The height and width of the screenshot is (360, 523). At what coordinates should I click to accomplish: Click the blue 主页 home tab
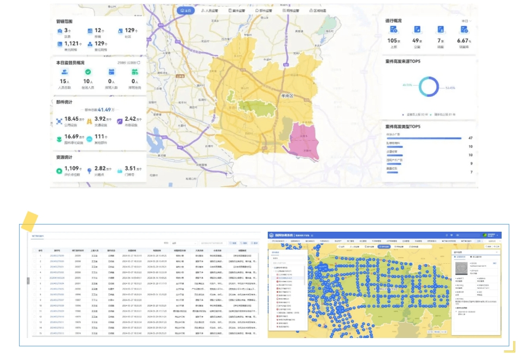pyautogui.click(x=186, y=11)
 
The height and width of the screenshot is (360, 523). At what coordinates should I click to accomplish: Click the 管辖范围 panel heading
pyautogui.click(x=64, y=21)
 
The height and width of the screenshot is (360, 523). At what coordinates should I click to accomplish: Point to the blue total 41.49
pyautogui.click(x=106, y=109)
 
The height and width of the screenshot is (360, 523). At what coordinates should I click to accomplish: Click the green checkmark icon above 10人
pyautogui.click(x=88, y=72)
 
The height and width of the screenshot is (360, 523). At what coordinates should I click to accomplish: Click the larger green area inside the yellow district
pyautogui.click(x=255, y=107)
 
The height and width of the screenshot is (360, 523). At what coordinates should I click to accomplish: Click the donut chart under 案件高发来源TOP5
pyautogui.click(x=429, y=87)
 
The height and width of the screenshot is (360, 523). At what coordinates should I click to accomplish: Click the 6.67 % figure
pyautogui.click(x=464, y=40)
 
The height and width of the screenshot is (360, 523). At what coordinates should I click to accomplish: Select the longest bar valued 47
pyautogui.click(x=424, y=138)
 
